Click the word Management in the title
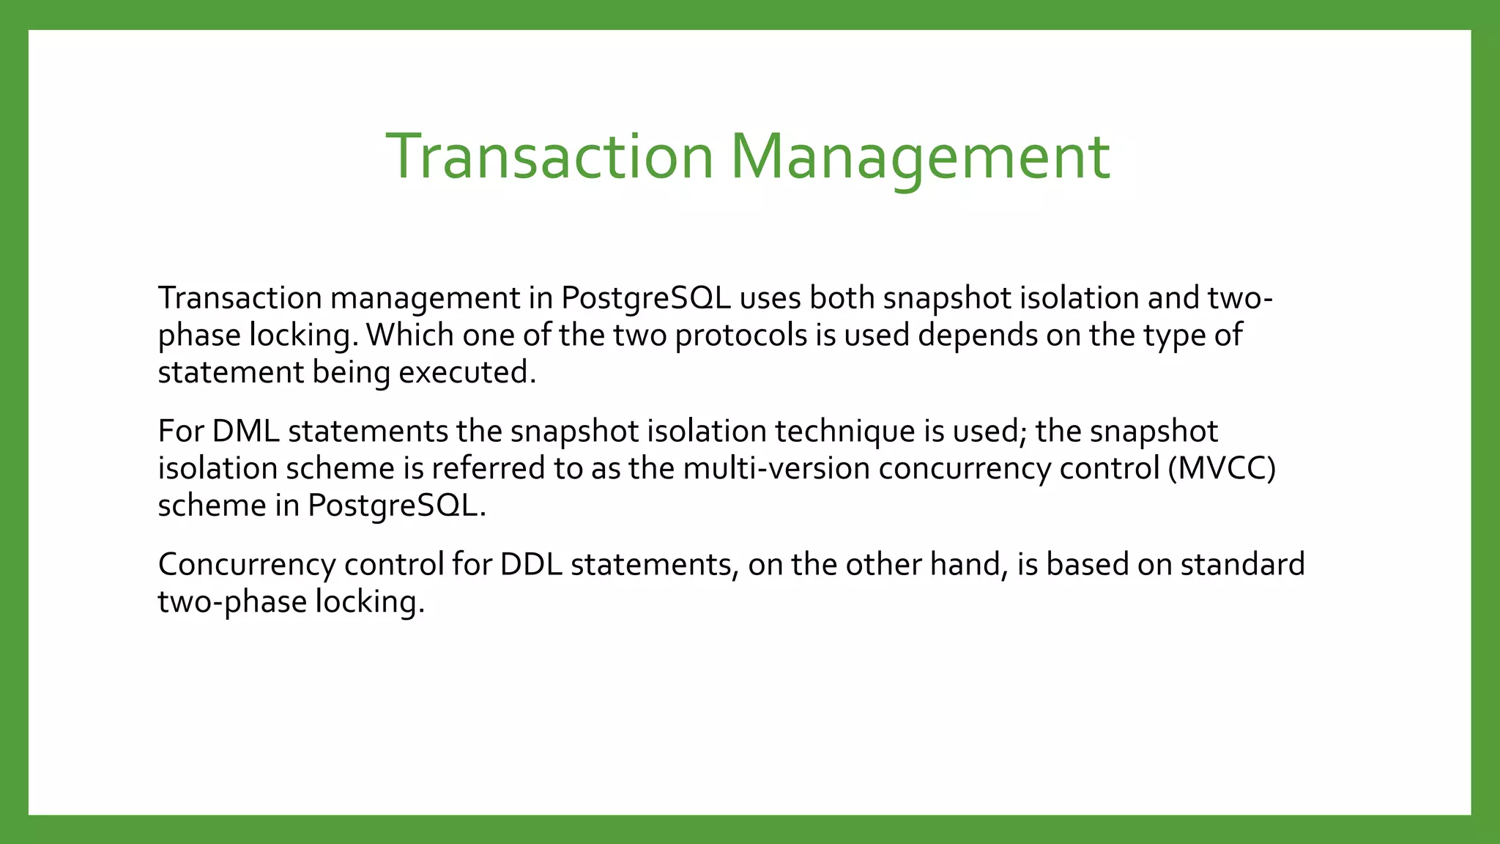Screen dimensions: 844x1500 pyautogui.click(x=920, y=157)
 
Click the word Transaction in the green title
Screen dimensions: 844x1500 pyautogui.click(x=549, y=157)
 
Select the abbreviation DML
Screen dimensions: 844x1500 pyautogui.click(x=245, y=431)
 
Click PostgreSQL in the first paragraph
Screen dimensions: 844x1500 pyautogui.click(x=646, y=298)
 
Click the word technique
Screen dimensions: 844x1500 pyautogui.click(x=844, y=431)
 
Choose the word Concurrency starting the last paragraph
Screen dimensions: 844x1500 pyautogui.click(x=246, y=564)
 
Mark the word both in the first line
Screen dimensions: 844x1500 pyautogui.click(x=842, y=298)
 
